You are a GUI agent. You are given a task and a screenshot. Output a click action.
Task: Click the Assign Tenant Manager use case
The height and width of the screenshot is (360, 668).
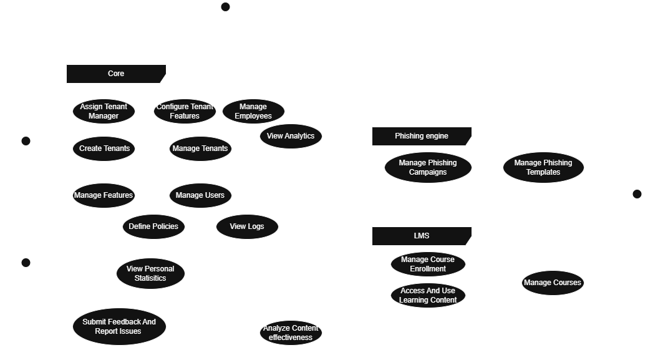pos(104,111)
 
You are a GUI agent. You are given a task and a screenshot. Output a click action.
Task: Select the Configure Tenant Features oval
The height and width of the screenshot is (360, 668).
pos(185,111)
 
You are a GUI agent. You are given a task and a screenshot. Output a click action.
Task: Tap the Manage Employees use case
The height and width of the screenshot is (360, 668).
pos(253,111)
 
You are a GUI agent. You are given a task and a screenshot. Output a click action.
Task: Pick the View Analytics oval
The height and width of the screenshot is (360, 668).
pos(291,136)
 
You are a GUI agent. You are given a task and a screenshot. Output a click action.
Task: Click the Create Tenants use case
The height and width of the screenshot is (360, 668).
pos(104,148)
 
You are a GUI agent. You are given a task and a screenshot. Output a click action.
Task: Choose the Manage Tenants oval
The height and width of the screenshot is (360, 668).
pos(200,148)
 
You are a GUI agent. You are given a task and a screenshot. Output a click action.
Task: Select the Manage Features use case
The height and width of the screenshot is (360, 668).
pos(104,195)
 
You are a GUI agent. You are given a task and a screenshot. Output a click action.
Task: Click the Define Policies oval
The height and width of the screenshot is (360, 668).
pos(153,226)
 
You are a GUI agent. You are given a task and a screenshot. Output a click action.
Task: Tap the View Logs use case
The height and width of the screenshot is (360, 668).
pos(247,226)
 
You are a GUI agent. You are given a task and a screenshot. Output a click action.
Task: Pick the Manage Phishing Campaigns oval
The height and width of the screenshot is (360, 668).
pos(428,167)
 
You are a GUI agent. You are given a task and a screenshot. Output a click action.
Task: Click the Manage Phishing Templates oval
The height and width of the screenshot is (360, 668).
pos(543,167)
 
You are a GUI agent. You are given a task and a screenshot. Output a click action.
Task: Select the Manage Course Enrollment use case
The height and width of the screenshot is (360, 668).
pos(428,264)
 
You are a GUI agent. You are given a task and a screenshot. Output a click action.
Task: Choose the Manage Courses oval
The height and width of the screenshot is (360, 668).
pos(553,283)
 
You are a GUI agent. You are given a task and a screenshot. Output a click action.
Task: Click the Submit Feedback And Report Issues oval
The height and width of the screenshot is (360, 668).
pos(119,326)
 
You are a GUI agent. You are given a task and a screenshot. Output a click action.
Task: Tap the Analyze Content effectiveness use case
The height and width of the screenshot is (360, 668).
pos(291,333)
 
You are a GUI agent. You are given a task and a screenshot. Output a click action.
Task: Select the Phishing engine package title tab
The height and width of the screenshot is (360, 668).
pos(422,136)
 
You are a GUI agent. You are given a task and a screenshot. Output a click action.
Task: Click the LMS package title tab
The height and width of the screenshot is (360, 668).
pos(422,236)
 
